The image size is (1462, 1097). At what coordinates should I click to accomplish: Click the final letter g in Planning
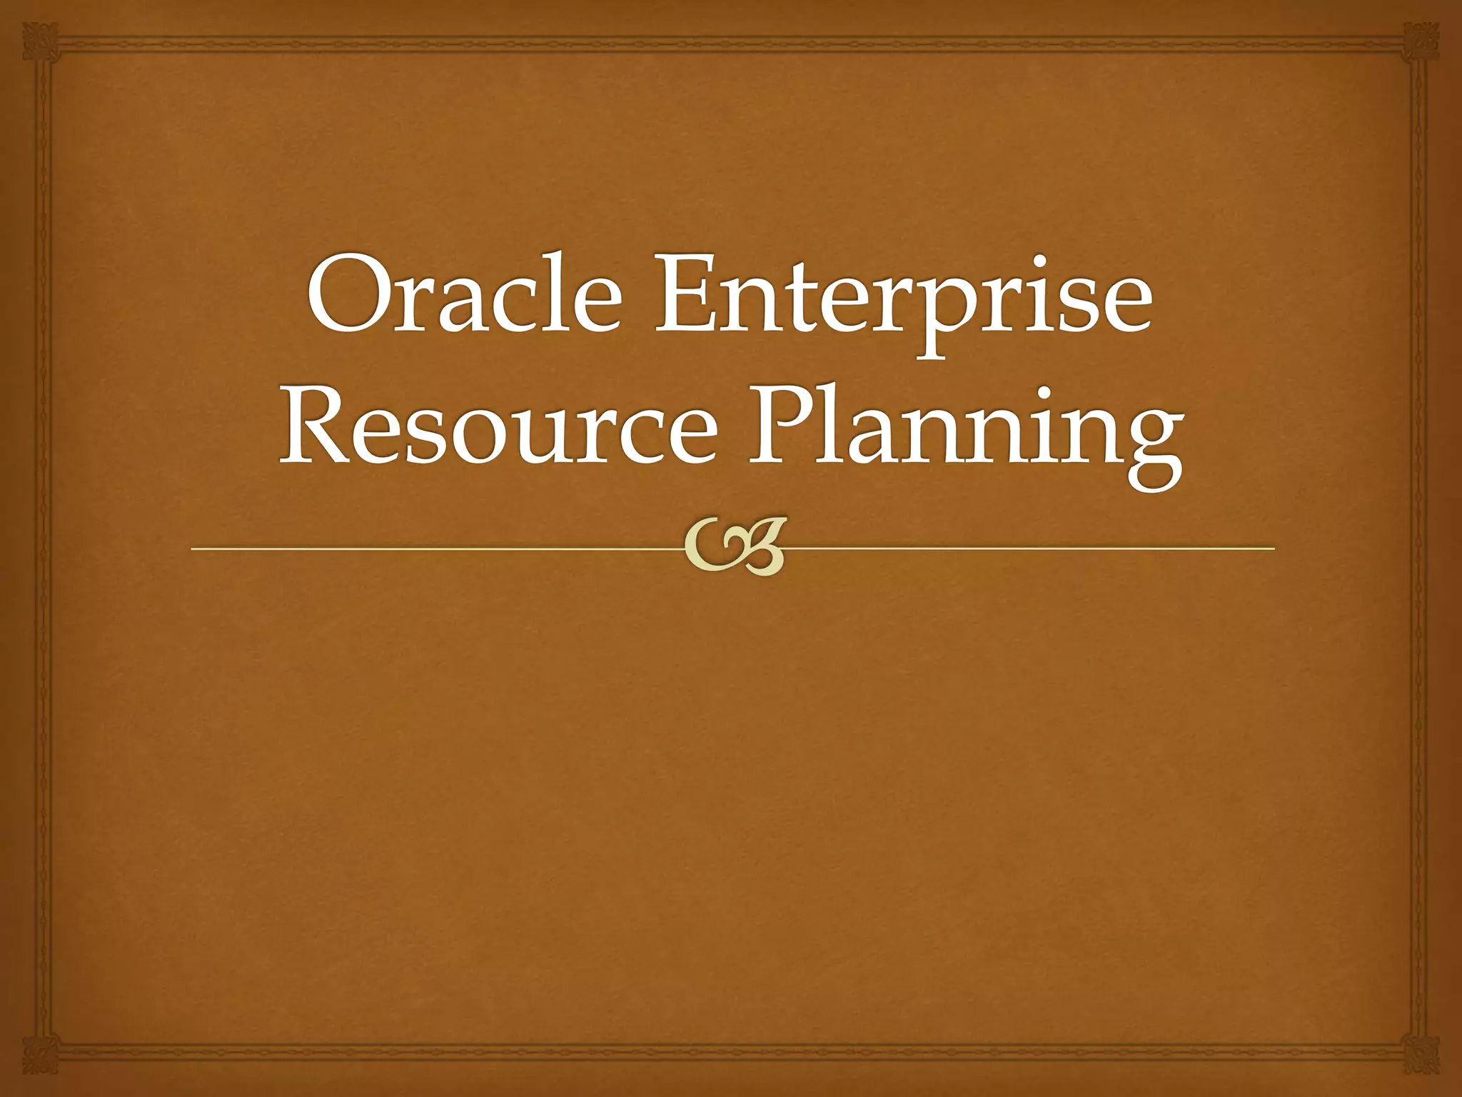1149,450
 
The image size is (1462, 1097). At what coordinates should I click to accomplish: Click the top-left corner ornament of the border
39,39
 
